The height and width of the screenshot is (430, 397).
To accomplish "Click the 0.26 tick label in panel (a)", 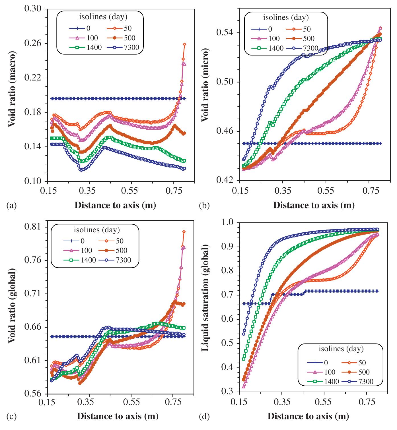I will [x=32, y=44].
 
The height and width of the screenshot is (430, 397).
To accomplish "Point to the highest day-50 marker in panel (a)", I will [x=184, y=44].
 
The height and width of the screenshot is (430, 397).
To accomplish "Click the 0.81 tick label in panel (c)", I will [x=32, y=227].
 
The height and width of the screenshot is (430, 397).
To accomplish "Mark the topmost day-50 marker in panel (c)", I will [x=184, y=232].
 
